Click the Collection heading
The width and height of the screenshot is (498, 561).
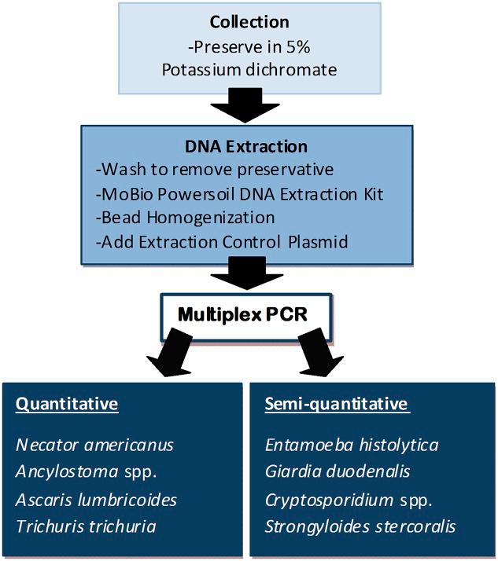coord(249,22)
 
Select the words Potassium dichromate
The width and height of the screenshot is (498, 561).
coord(249,69)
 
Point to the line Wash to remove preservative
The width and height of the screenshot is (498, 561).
coord(207,170)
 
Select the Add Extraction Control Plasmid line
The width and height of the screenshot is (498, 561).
coord(224,241)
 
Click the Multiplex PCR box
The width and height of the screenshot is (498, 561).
coord(249,314)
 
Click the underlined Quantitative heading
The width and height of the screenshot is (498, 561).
coord(67,405)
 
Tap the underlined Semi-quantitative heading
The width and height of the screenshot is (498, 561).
coord(337,405)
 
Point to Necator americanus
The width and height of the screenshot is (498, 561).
coord(95,445)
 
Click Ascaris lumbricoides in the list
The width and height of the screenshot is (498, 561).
coord(96,500)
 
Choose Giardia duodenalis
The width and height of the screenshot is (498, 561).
coord(338,472)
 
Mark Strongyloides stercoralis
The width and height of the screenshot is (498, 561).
coord(360,526)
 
